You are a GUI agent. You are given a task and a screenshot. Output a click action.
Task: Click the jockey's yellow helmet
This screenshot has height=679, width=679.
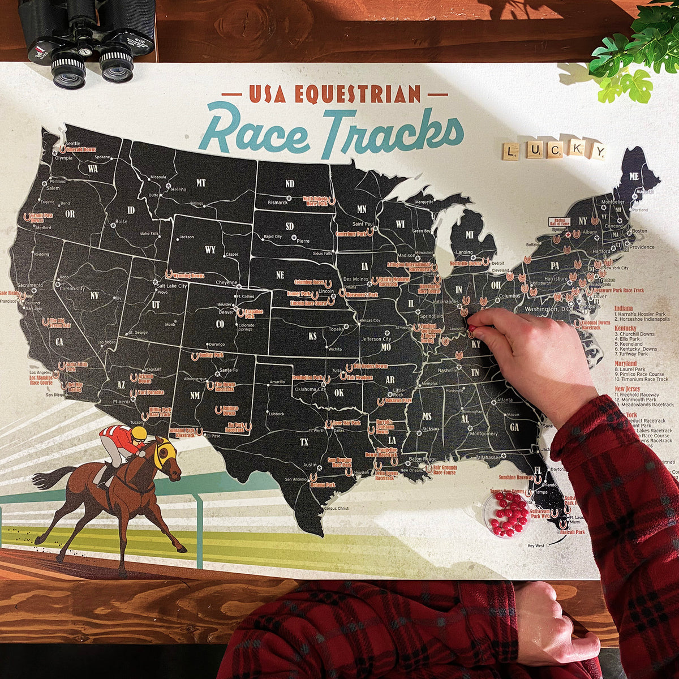pos(139,434)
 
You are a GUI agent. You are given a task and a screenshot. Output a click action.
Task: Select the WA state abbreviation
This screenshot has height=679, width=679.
pos(93,169)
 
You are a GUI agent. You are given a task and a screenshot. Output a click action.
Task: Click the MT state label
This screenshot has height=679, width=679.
pos(200,182)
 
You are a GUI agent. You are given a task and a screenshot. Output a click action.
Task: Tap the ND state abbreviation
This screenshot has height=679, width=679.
pos(290,183)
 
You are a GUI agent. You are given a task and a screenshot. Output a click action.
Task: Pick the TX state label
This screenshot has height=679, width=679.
pos(304,442)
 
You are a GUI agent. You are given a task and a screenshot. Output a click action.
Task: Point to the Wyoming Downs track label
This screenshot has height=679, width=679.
pos(188,276)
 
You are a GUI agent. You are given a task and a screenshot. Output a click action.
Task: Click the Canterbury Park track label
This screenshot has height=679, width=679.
pos(351,233)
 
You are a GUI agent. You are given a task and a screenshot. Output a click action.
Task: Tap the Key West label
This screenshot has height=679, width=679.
pos(535,545)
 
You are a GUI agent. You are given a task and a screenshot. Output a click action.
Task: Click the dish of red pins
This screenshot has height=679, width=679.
pos(506,514)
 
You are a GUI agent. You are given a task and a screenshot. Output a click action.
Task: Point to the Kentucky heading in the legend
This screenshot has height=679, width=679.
pos(625,328)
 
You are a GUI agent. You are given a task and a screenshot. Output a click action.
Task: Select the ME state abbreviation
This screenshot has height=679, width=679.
pos(634,177)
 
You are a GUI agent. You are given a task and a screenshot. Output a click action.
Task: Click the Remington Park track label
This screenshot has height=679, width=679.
pos(308,377)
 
